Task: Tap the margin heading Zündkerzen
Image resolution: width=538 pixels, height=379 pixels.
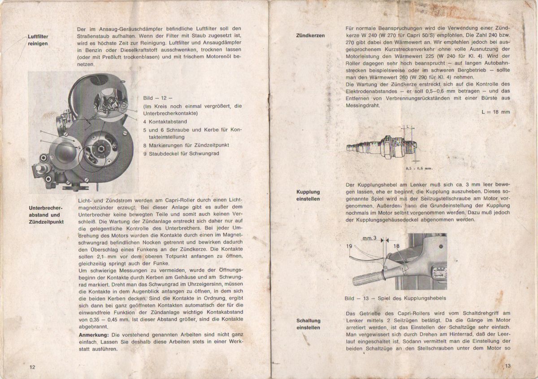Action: click(311, 35)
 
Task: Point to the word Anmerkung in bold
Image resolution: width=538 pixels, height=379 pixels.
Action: click(94, 335)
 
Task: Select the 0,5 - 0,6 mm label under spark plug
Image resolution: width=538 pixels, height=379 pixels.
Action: click(418, 168)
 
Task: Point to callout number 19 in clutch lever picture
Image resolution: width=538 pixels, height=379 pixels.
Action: click(350, 246)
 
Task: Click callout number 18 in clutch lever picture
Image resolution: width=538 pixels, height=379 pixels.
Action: click(396, 246)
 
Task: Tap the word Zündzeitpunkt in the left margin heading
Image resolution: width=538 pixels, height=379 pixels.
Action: click(46, 222)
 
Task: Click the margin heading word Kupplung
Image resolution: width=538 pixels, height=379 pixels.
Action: click(308, 192)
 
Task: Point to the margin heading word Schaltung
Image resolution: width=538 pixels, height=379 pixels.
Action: click(308, 321)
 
